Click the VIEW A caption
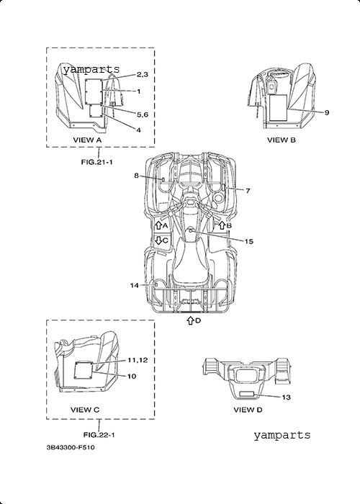point(87,140)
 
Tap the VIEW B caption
point(282,140)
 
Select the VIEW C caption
point(85,410)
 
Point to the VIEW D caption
point(248,410)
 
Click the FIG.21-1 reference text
point(96,162)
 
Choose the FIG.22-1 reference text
point(99,435)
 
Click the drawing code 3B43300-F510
point(71,447)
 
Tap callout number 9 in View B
point(327,112)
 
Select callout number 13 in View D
point(286,397)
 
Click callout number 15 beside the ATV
point(249,241)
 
